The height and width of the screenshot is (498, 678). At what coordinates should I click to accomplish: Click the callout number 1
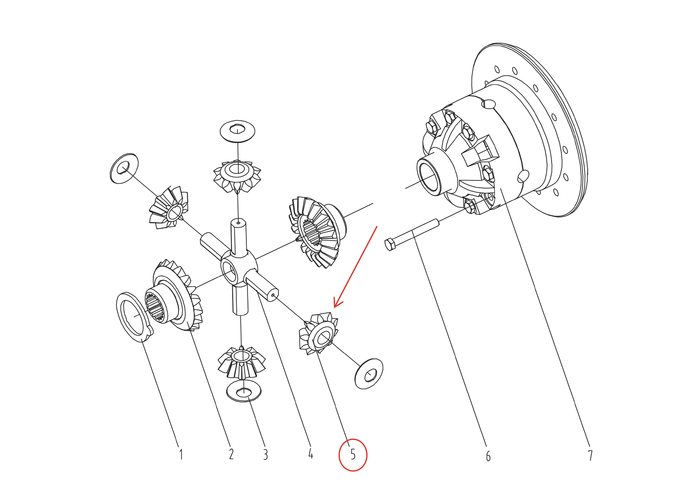(x=181, y=454)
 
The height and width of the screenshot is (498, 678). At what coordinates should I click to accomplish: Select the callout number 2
(x=231, y=454)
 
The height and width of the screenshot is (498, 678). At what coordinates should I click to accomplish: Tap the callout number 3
(x=266, y=454)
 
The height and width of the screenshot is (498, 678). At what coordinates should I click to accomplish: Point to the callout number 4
(x=311, y=453)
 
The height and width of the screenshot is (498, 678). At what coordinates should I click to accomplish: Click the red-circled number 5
(x=353, y=454)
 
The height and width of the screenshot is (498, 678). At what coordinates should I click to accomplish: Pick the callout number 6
(x=488, y=456)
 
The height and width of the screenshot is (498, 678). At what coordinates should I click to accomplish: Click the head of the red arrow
(x=335, y=307)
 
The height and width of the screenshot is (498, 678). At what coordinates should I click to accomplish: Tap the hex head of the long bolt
(x=390, y=244)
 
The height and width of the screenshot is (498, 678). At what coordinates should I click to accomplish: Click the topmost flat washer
(x=238, y=131)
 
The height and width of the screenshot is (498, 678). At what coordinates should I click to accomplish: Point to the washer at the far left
(x=124, y=168)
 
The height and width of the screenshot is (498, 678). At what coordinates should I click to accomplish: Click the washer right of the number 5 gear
(x=369, y=374)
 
